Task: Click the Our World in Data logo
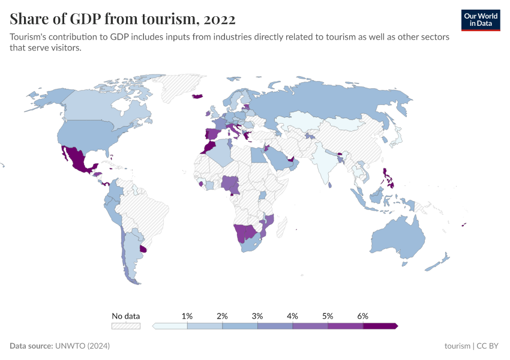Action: coord(480,20)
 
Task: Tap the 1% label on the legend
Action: coord(187,316)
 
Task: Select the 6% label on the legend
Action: coord(362,316)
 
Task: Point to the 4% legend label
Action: coord(293,316)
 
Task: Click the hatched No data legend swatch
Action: coord(126,326)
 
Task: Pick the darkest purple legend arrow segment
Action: coord(380,326)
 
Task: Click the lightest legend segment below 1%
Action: coord(170,326)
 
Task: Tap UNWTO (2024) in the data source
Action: coord(82,346)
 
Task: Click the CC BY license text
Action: coord(488,346)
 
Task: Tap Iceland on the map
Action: coord(197,96)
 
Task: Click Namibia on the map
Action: coord(243,232)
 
